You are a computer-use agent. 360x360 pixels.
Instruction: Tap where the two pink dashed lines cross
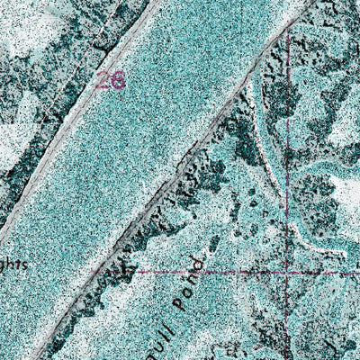click(287, 270)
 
